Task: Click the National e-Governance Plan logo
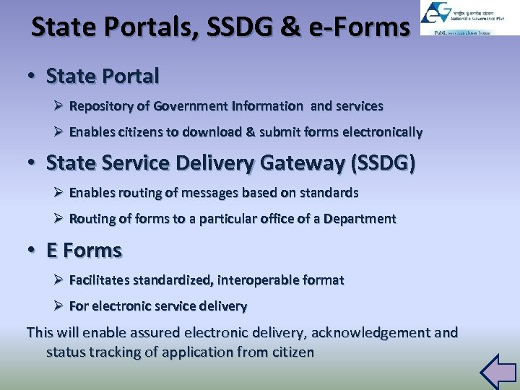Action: click(x=459, y=18)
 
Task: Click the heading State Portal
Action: click(x=103, y=75)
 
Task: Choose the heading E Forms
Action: click(x=84, y=251)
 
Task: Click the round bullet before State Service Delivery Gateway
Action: click(x=33, y=163)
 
